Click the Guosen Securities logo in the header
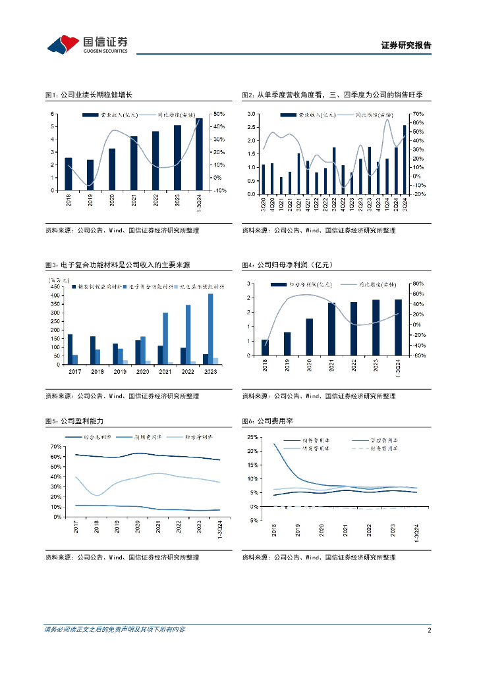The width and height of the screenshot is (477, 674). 87,44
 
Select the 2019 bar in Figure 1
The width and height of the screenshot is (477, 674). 90,175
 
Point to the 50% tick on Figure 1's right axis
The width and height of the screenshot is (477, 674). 219,115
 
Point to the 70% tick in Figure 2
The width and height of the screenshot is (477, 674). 418,114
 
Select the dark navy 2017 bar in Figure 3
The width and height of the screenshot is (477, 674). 70,350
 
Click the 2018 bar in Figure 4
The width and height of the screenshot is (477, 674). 265,348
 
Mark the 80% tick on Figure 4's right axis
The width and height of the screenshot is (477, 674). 416,284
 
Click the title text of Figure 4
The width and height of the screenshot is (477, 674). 287,265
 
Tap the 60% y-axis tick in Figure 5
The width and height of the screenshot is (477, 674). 56,457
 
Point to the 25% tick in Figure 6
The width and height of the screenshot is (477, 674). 252,437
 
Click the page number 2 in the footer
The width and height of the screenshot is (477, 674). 429,630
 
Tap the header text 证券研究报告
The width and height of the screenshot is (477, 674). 407,45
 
